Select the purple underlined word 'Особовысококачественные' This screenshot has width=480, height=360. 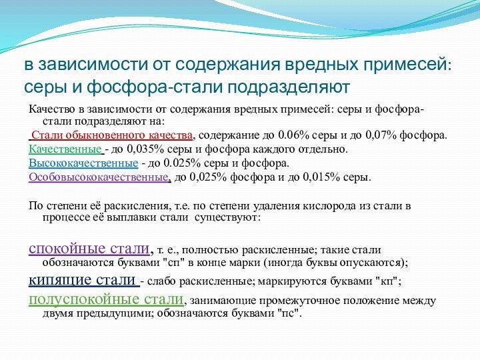click(x=99, y=177)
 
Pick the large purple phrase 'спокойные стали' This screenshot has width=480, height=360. click(x=89, y=249)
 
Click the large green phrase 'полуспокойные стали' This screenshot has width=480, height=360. click(x=105, y=298)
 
